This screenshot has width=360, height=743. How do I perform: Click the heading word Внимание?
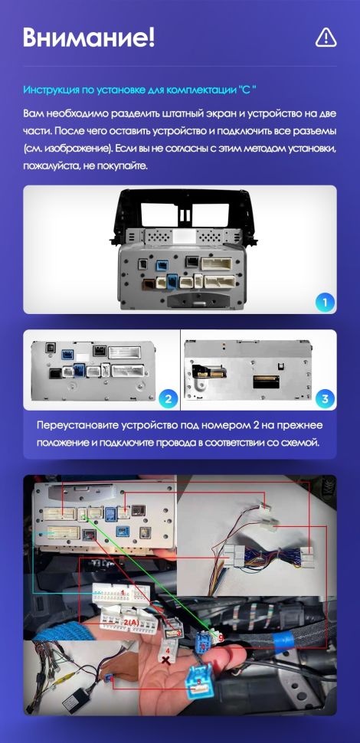click(x=89, y=37)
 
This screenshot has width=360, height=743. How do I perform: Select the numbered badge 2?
click(x=168, y=398)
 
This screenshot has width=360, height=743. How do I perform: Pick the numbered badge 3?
click(x=326, y=398)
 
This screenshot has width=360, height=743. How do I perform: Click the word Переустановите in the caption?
click(x=78, y=426)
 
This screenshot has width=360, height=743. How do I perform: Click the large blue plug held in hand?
click(x=200, y=680)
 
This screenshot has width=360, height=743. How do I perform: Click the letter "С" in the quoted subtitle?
click(x=249, y=90)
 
